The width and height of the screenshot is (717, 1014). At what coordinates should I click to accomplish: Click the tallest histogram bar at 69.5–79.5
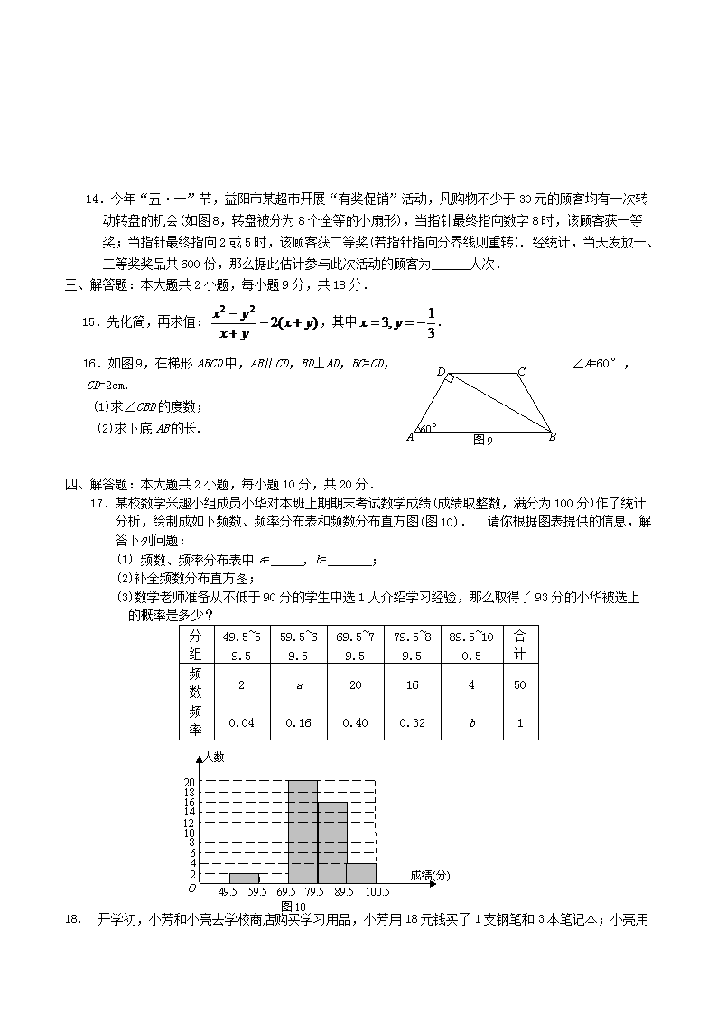click(x=303, y=832)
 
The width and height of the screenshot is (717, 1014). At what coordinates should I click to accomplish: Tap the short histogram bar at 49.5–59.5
click(x=244, y=878)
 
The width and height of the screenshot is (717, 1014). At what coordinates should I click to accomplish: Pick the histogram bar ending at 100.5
click(x=361, y=873)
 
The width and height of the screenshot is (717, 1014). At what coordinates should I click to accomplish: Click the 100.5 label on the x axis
click(x=377, y=892)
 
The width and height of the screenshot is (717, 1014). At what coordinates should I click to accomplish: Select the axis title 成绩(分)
click(x=430, y=875)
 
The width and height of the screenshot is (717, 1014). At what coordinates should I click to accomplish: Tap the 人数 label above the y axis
click(x=214, y=757)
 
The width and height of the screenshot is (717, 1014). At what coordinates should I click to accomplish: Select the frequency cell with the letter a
click(x=298, y=685)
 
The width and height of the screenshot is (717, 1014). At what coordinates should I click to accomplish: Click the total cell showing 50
click(x=519, y=685)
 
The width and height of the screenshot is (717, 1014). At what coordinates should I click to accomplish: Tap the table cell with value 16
click(x=413, y=685)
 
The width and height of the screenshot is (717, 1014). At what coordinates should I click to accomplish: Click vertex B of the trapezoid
click(x=553, y=437)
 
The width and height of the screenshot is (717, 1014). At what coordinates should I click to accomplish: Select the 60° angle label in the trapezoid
click(x=428, y=429)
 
